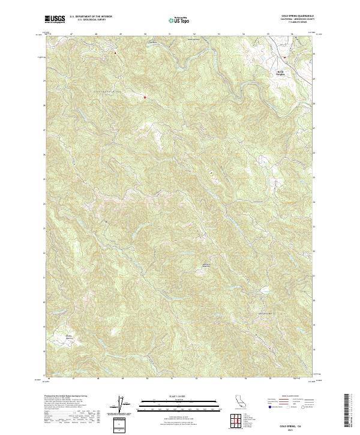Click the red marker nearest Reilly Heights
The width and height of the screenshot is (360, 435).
point(284,58)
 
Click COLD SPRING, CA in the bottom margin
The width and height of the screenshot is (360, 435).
point(293,422)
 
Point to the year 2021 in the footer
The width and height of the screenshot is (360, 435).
point(293,428)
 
